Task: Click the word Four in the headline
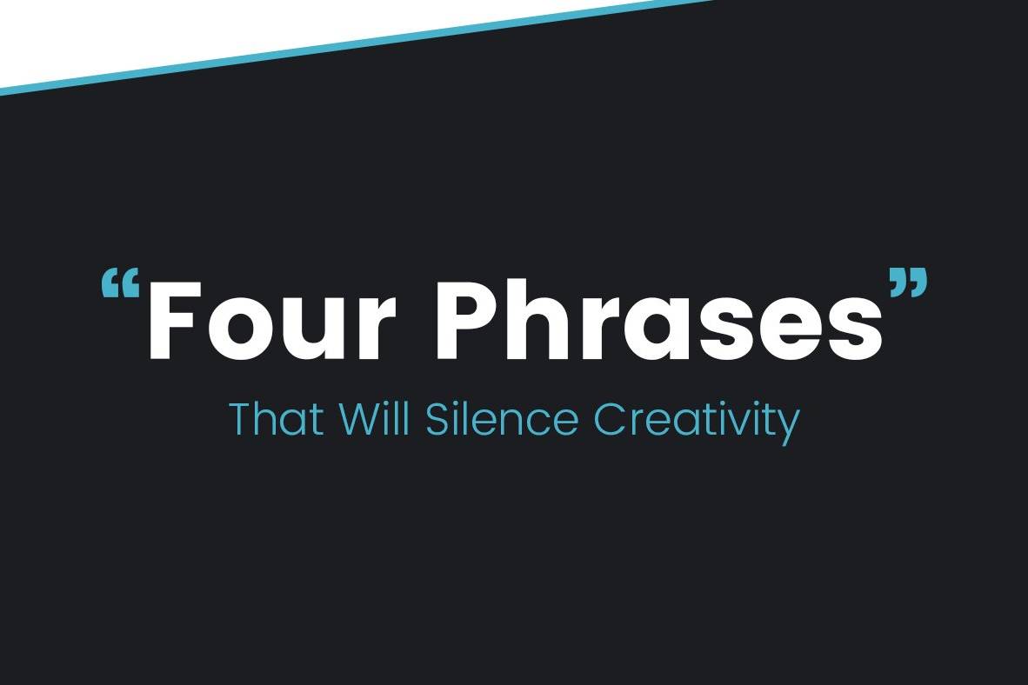[x=273, y=321]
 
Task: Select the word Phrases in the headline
[x=660, y=320]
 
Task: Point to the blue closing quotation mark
[x=908, y=282]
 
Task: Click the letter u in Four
[x=310, y=331]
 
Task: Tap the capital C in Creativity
[x=610, y=419]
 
